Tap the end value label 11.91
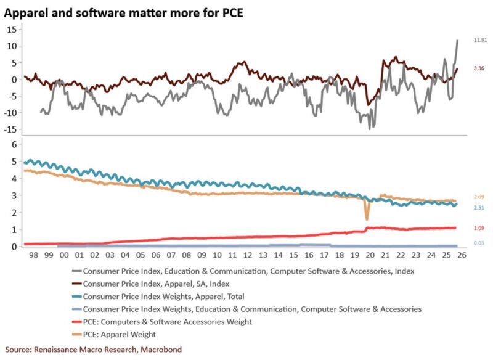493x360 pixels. tap(480, 40)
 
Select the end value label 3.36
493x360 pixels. tap(478, 68)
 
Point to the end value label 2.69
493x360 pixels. tap(478, 197)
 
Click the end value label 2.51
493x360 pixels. tap(478, 208)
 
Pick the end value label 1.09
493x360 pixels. tap(478, 228)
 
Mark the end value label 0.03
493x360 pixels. tap(478, 243)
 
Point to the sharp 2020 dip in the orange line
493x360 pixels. tap(367, 219)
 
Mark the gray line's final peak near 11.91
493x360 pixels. tap(457, 41)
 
